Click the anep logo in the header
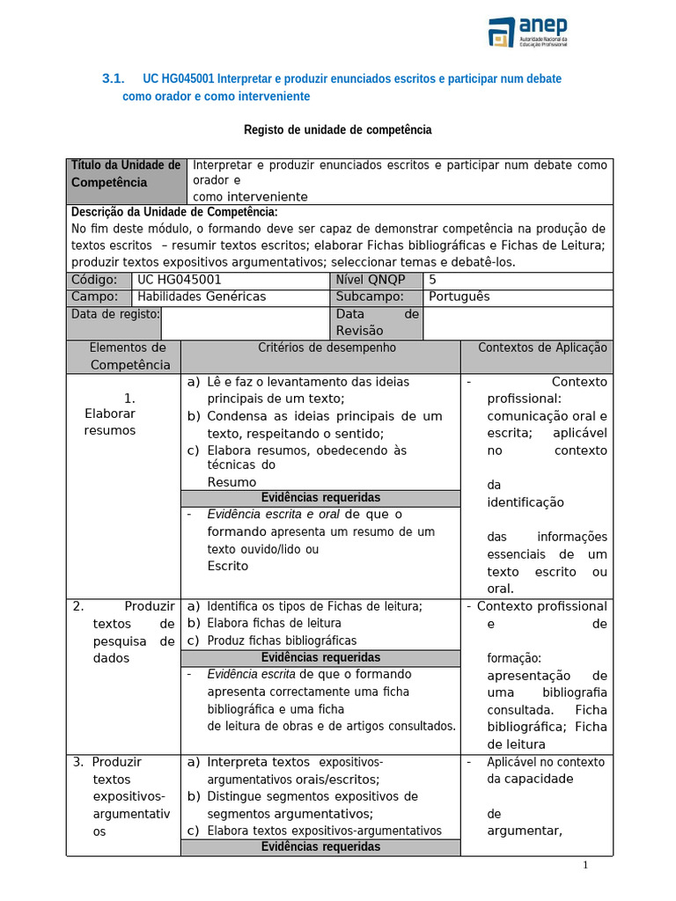pyautogui.click(x=529, y=33)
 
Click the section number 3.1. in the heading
pyautogui.click(x=114, y=79)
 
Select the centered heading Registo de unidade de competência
pyautogui.click(x=337, y=130)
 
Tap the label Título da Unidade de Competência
pyautogui.click(x=125, y=174)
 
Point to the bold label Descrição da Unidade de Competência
pyautogui.click(x=174, y=212)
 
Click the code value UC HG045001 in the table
pyautogui.click(x=180, y=280)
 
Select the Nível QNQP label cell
pyautogui.click(x=371, y=280)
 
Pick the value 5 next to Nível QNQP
pyautogui.click(x=432, y=280)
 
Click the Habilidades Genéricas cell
pyautogui.click(x=202, y=297)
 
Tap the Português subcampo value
pyautogui.click(x=459, y=297)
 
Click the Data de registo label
pyautogui.click(x=114, y=314)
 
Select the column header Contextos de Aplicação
pyautogui.click(x=542, y=348)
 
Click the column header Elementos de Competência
pyautogui.click(x=129, y=356)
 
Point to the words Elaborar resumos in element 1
pyautogui.click(x=110, y=421)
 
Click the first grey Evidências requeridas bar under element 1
pyautogui.click(x=320, y=498)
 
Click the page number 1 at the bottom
pyautogui.click(x=584, y=865)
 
